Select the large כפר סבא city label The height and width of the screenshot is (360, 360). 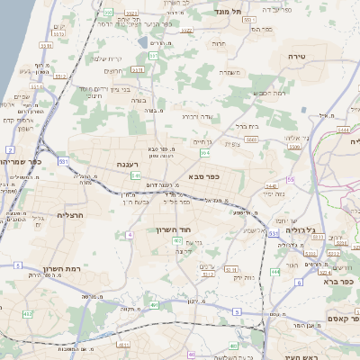(205, 176)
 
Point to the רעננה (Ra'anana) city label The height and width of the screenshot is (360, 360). (128, 165)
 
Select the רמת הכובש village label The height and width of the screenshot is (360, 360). (270, 93)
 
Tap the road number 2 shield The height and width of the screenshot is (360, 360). (9, 149)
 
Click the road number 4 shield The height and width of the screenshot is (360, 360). (130, 235)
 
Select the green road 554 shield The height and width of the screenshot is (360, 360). (204, 153)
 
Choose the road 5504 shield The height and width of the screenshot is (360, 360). (251, 139)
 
